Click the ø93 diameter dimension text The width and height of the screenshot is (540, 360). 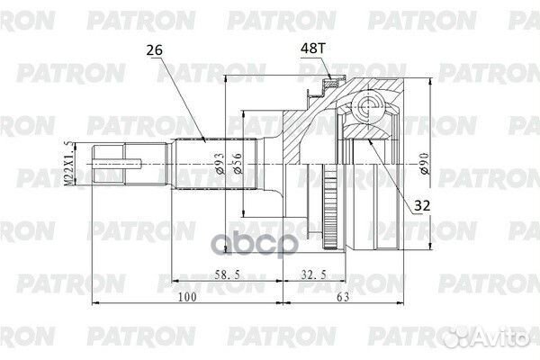(220, 163)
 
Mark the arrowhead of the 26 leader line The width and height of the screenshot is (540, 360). (204, 140)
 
